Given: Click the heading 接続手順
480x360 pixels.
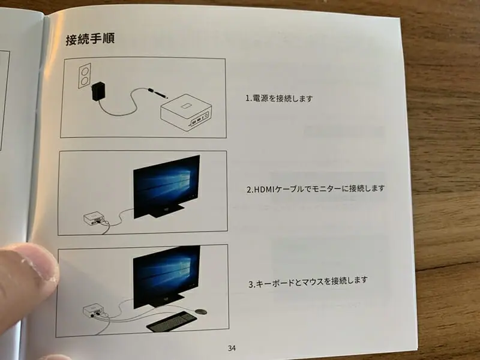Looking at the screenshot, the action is click(91, 39).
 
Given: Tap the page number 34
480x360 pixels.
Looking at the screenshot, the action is click(232, 348).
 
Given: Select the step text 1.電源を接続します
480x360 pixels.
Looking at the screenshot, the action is click(279, 98).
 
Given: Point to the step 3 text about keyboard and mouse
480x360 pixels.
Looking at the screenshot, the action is click(308, 282).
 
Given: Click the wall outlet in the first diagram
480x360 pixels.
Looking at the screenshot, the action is click(85, 76).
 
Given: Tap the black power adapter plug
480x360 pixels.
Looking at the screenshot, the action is click(99, 91).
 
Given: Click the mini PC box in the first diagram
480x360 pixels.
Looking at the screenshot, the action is click(186, 112).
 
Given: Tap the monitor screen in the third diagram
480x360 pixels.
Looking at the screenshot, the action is click(167, 275).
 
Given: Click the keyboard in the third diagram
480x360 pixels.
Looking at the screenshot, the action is click(172, 322).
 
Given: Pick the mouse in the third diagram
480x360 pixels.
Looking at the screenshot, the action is click(201, 311).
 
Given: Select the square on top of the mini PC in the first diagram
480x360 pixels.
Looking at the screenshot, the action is click(186, 106).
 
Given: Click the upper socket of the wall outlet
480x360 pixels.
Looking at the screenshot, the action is click(85, 70).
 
